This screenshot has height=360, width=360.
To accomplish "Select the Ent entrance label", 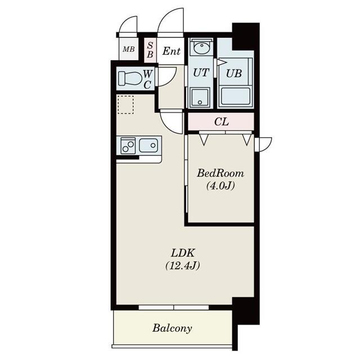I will point(171,51).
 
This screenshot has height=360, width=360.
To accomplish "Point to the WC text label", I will point(147,79).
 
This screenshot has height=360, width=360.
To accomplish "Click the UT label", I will point(200,72).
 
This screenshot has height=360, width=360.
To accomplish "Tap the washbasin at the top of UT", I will point(200,48).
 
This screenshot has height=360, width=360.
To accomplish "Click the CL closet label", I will point(221,121).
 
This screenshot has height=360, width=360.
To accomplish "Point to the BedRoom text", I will point(220,173).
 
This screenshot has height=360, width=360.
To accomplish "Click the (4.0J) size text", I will point(220,186).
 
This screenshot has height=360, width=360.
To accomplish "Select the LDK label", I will point(183,253).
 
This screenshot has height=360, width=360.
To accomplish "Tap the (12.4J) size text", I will point(183,265).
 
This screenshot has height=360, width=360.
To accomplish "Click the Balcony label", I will point(172,328).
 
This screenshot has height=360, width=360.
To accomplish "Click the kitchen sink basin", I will point(149,146).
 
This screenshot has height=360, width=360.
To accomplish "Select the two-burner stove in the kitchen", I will point(127,146).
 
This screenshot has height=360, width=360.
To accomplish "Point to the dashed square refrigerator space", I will point(125,105).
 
